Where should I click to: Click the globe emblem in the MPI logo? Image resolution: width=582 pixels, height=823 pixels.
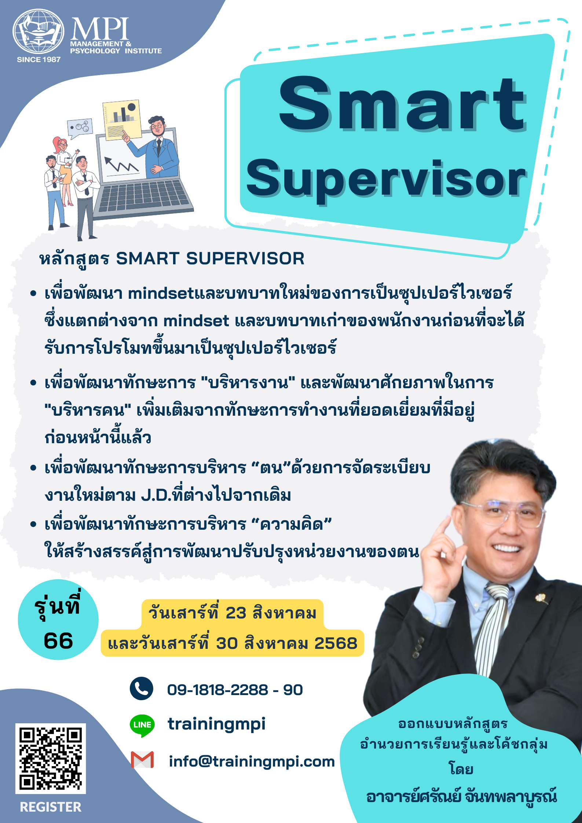click(39, 32)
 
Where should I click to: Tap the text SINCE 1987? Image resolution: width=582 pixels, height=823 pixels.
click(39, 59)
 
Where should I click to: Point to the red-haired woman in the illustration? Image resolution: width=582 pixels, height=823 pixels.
click(64, 170)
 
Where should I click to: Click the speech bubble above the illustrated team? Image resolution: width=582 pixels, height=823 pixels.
click(80, 128)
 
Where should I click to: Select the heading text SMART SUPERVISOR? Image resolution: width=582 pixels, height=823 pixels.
click(210, 258)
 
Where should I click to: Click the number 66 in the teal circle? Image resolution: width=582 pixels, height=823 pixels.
click(58, 641)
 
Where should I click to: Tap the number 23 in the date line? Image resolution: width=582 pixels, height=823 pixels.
click(236, 613)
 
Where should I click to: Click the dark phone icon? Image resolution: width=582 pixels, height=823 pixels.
click(142, 688)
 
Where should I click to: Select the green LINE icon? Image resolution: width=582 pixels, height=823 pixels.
click(142, 725)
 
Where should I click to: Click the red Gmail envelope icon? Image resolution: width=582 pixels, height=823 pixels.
click(142, 760)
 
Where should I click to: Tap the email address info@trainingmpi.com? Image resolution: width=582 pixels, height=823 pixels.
click(252, 761)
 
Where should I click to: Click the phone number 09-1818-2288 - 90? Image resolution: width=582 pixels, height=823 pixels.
click(235, 690)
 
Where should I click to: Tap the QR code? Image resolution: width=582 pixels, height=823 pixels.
click(51, 758)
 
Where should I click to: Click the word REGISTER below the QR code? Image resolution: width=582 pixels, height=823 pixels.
click(51, 807)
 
